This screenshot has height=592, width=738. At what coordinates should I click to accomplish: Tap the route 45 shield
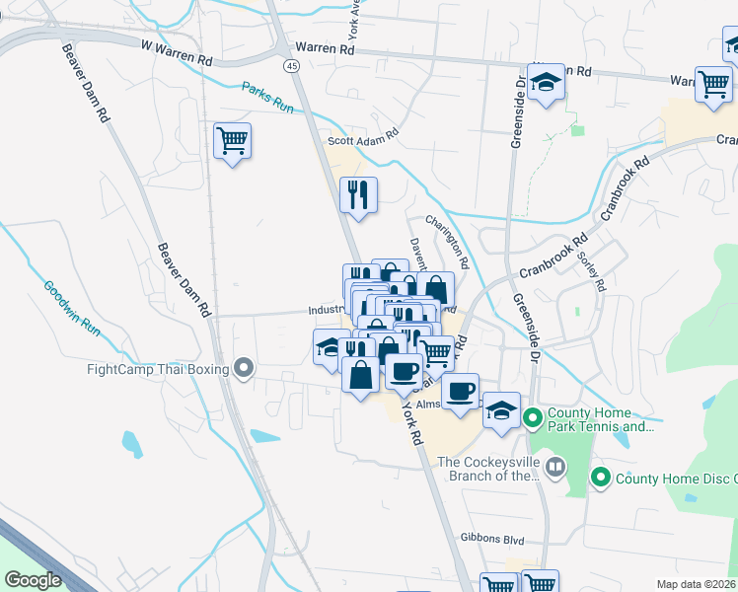tap(291, 65)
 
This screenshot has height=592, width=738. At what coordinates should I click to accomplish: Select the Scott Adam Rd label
tap(363, 137)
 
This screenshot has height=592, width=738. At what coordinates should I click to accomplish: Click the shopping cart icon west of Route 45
tap(232, 140)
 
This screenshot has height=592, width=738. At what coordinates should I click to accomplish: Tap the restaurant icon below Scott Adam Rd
tap(358, 193)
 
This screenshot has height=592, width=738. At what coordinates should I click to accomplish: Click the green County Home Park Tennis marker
tap(533, 418)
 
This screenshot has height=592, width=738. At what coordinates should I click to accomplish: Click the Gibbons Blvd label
tap(492, 541)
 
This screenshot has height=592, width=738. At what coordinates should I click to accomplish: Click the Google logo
tap(33, 580)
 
